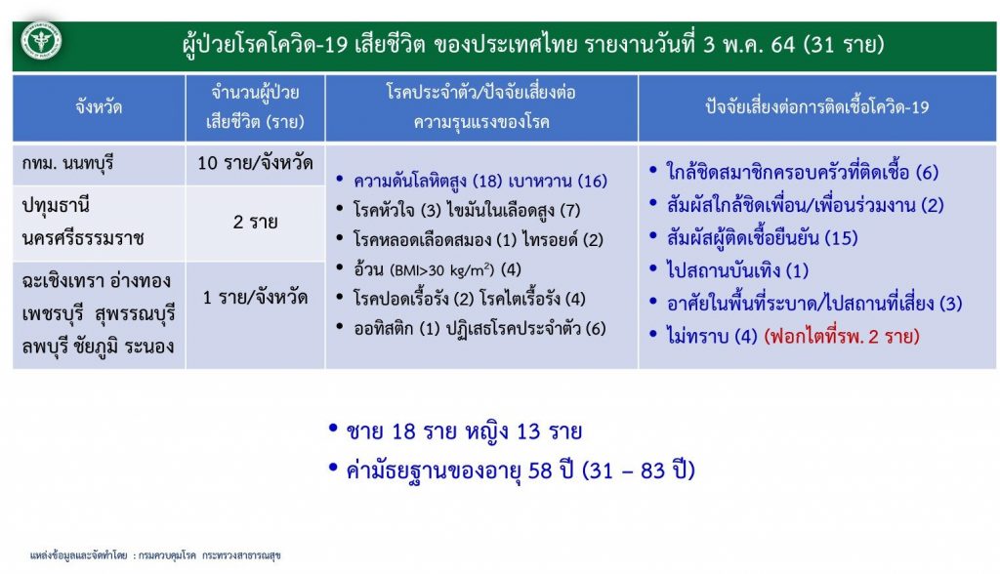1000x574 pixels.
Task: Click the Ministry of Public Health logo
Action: (x=41, y=42)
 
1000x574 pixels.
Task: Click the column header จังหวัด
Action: (x=99, y=106)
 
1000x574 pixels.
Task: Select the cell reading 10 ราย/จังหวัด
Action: (x=255, y=163)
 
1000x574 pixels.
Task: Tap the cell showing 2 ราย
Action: (x=255, y=222)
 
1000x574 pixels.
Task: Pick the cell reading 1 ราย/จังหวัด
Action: (x=255, y=297)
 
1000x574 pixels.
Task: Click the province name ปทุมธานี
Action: (x=56, y=206)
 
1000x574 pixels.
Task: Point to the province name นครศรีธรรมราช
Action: (x=84, y=238)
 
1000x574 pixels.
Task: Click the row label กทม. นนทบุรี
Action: (x=67, y=164)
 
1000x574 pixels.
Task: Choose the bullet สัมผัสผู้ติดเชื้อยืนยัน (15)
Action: (x=762, y=238)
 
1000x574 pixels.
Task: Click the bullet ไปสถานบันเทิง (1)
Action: (x=737, y=270)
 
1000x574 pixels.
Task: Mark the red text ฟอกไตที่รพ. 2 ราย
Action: (x=842, y=336)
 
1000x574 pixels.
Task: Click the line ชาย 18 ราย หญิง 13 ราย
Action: (x=464, y=431)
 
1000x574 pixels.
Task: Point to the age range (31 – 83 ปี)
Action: (x=639, y=471)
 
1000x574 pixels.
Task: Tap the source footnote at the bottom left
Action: (x=155, y=555)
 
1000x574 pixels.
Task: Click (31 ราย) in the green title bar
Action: (x=844, y=45)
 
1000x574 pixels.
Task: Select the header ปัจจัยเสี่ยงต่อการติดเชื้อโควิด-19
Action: (x=817, y=106)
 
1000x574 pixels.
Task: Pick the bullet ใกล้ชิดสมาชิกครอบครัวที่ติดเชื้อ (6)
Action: (x=803, y=172)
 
